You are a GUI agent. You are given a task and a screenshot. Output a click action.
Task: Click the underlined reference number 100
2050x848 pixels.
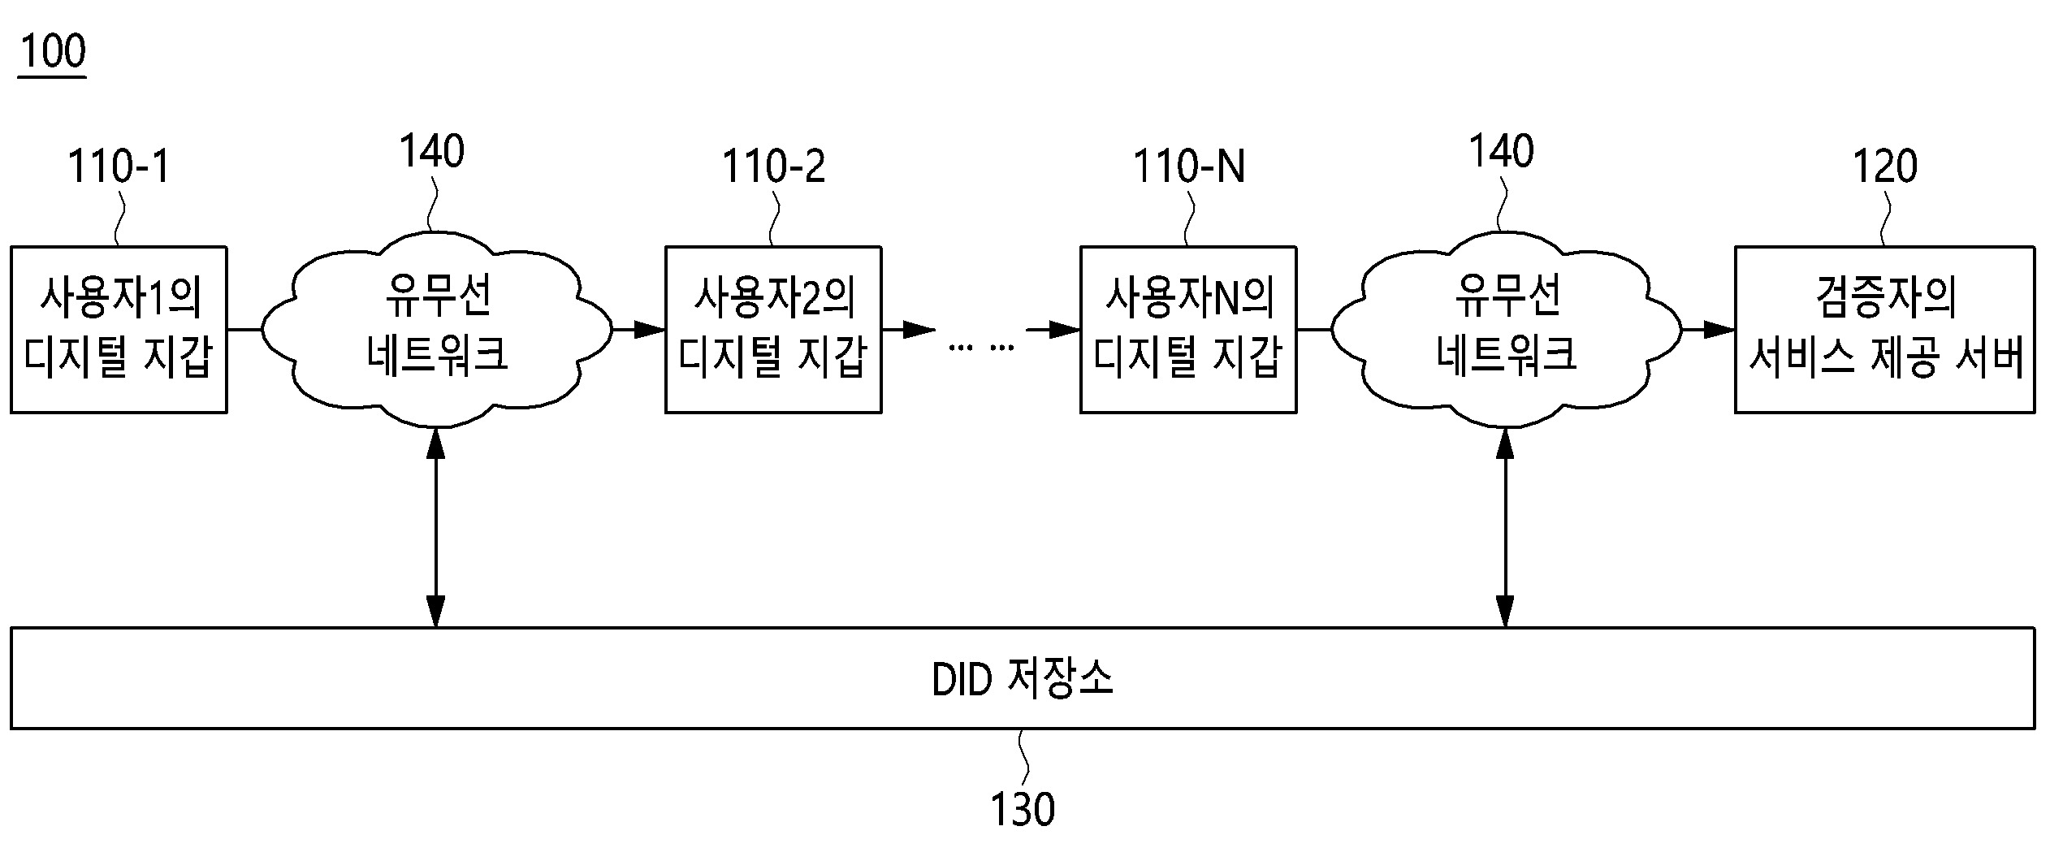click(x=52, y=51)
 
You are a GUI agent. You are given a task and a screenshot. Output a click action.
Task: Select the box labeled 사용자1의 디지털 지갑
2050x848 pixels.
click(x=119, y=329)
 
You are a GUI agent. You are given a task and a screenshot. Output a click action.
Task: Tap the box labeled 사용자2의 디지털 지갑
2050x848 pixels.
click(x=773, y=329)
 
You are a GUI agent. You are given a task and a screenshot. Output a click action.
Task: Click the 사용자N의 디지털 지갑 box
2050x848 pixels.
click(x=1187, y=329)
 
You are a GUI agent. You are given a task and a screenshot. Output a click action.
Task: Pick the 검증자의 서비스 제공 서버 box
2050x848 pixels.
click(x=1884, y=329)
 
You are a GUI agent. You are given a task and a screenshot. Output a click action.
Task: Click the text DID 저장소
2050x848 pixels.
click(x=1022, y=678)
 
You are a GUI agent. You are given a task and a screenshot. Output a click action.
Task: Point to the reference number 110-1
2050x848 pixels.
click(x=119, y=167)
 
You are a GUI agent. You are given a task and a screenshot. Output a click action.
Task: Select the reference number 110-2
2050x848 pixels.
click(x=773, y=167)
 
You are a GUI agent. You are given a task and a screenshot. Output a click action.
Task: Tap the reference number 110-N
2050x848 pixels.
click(x=1188, y=167)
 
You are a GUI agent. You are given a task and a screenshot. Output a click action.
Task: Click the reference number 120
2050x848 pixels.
click(x=1884, y=167)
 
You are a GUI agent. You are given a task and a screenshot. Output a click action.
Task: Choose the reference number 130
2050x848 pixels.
click(x=1022, y=809)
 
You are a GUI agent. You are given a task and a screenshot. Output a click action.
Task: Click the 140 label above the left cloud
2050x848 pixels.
click(x=431, y=152)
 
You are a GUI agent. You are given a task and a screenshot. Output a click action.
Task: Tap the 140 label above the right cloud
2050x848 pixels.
click(x=1501, y=152)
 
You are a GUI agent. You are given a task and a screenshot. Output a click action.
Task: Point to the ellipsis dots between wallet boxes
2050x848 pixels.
click(x=981, y=348)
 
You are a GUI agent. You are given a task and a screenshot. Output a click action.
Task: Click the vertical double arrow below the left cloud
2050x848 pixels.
click(x=436, y=528)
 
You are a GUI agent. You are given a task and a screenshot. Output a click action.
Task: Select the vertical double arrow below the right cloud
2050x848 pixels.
click(x=1505, y=528)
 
